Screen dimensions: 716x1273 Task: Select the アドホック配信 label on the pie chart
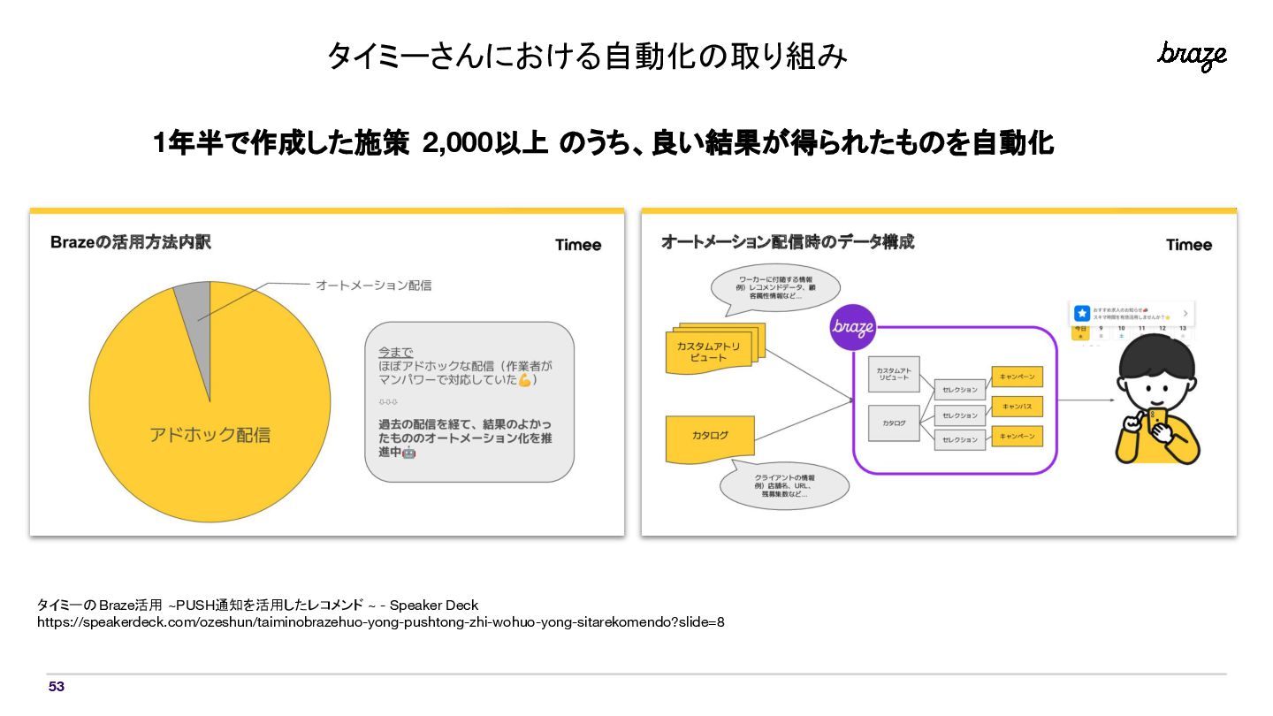click(210, 434)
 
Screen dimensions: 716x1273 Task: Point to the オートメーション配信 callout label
click(374, 285)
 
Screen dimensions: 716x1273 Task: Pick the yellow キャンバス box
click(1017, 407)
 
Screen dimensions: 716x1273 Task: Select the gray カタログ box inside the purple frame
click(894, 423)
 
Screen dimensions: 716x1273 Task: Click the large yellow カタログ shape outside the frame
click(710, 438)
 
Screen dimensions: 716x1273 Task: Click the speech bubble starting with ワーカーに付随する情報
click(774, 289)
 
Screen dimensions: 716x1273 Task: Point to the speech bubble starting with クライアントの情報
click(783, 487)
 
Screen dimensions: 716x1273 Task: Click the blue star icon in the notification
click(1081, 313)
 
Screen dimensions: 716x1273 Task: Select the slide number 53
click(57, 687)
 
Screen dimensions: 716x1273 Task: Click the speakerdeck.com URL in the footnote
click(380, 622)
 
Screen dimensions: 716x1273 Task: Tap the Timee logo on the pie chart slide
click(578, 245)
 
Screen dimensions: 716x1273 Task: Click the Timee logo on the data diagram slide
click(1189, 245)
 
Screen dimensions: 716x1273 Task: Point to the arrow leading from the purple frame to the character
click(1086, 400)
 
